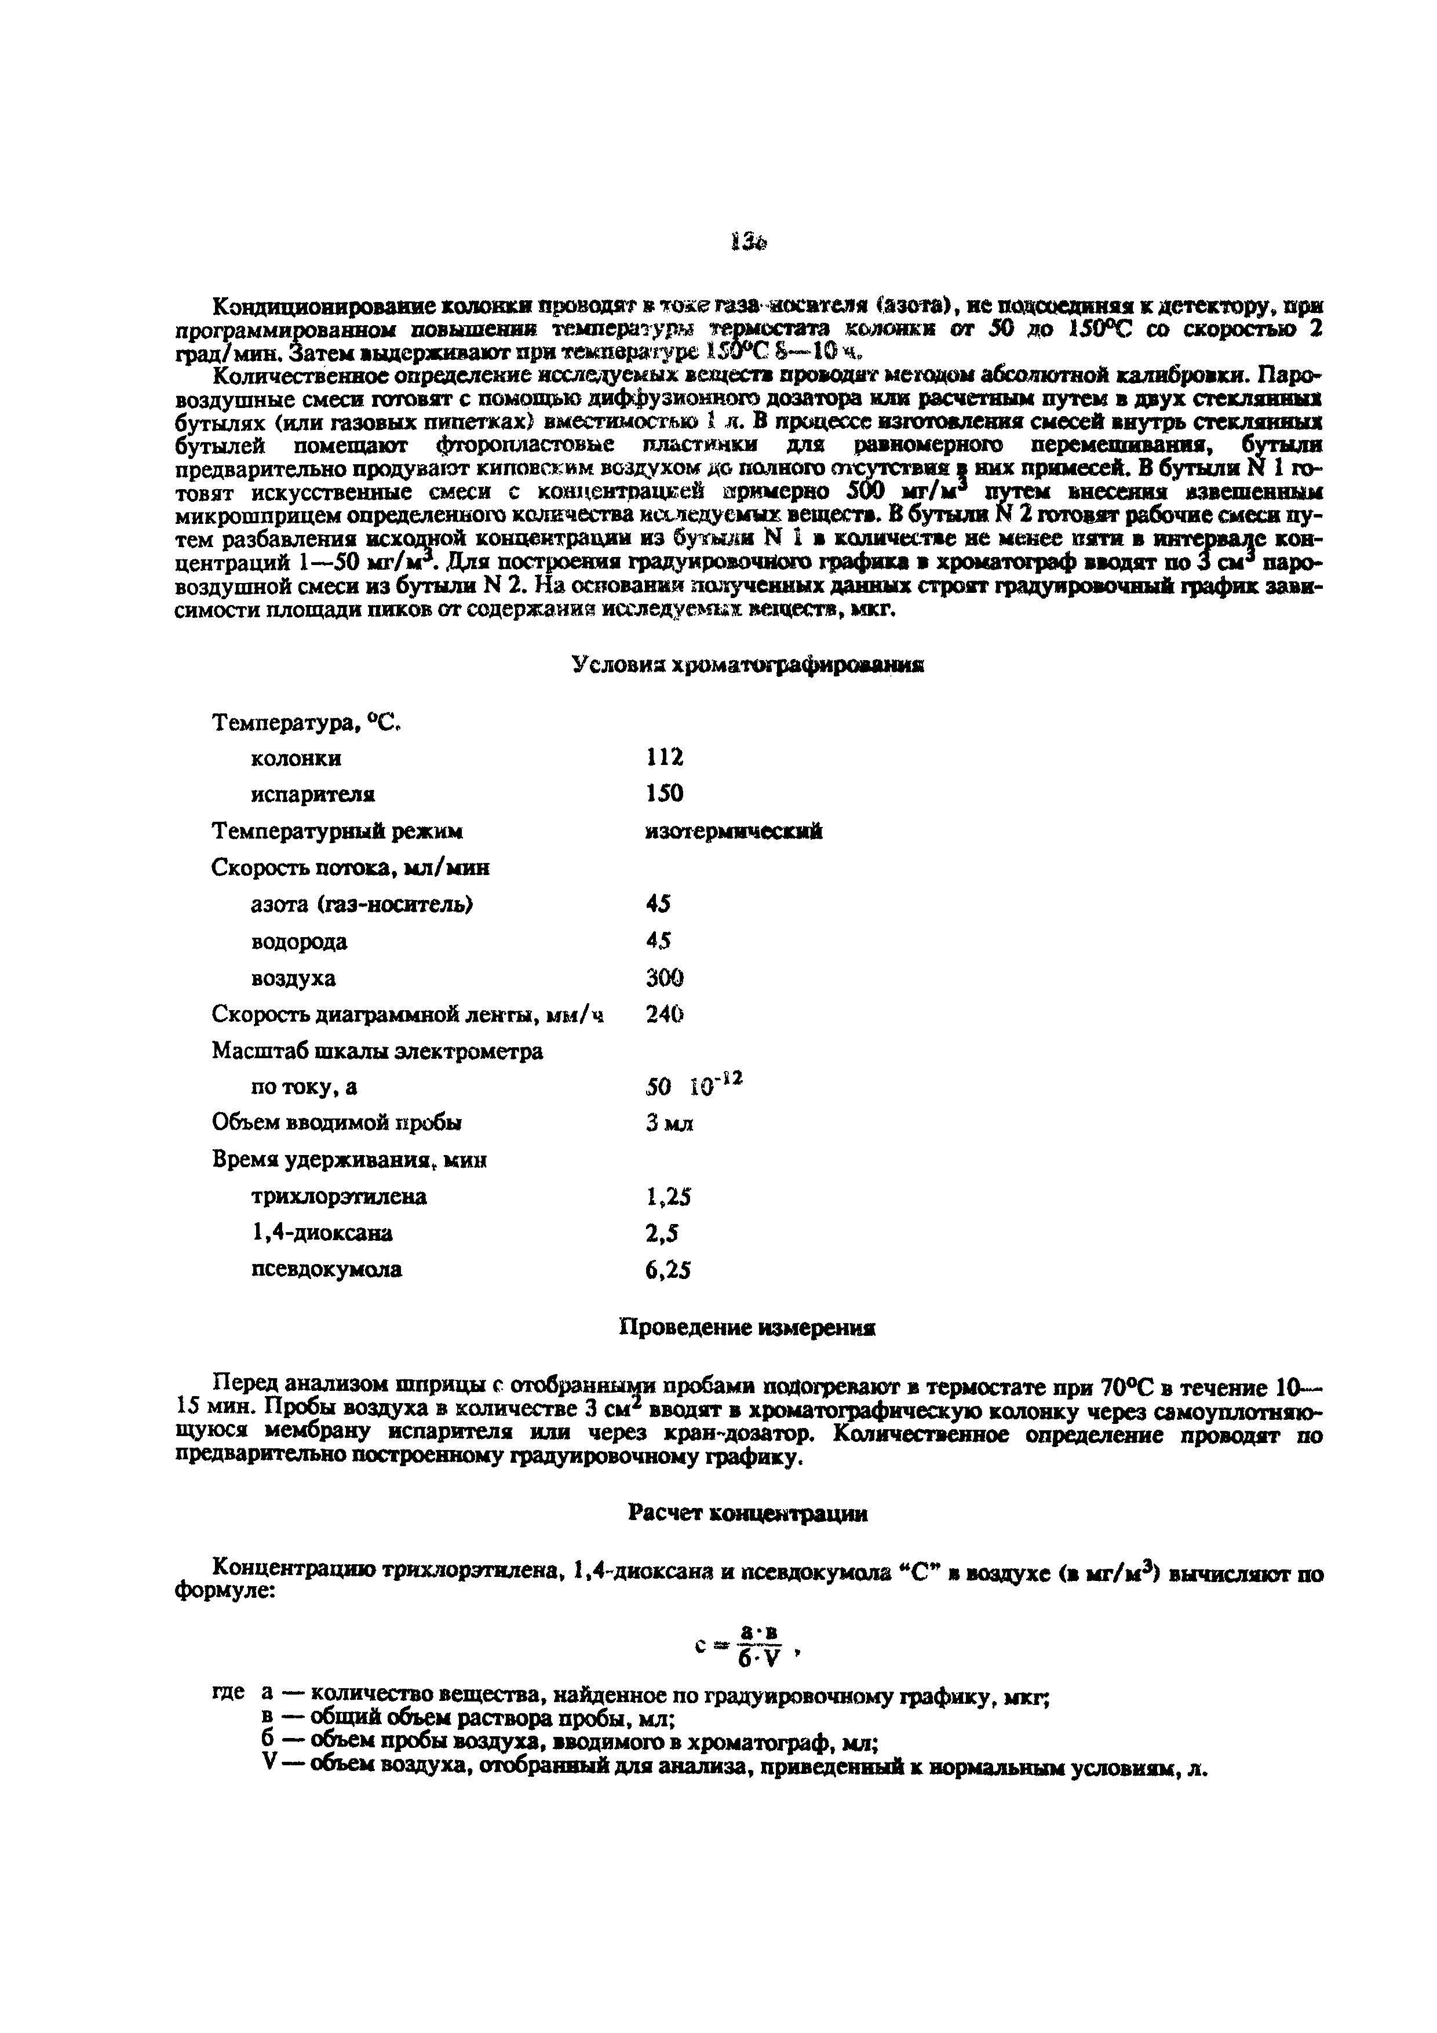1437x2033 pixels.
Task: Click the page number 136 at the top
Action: click(x=748, y=242)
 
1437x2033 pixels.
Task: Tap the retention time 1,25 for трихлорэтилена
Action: click(x=668, y=1197)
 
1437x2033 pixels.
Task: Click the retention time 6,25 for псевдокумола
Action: click(x=668, y=1270)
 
